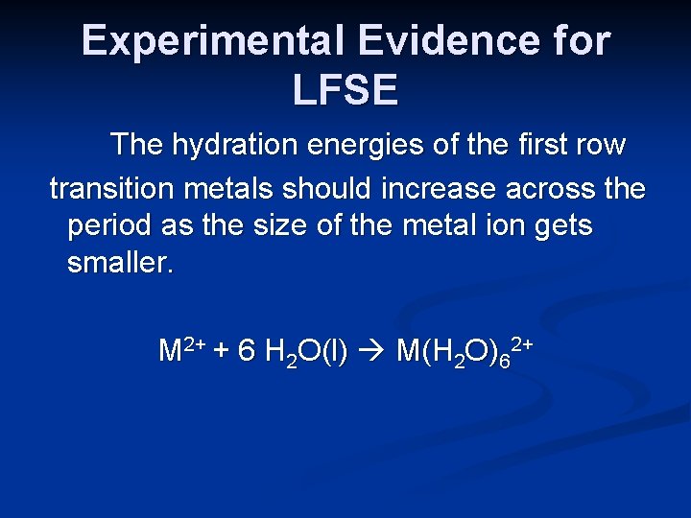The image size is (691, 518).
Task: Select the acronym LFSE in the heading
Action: pos(345,91)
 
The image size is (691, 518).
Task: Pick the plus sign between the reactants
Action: pos(220,351)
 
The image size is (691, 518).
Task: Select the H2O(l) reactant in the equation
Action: pos(304,352)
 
